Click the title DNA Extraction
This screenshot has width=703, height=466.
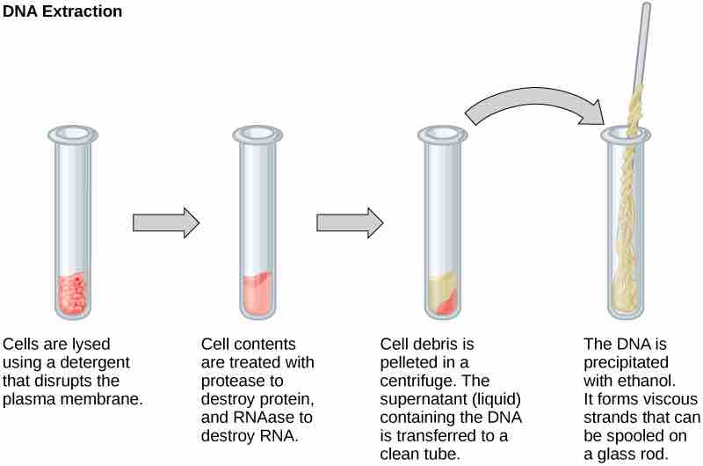(x=62, y=14)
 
